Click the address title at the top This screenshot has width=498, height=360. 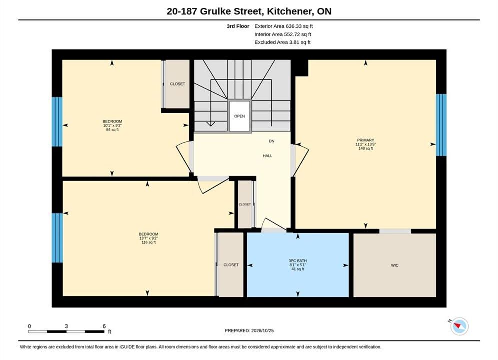click(x=249, y=11)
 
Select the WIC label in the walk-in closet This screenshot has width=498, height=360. click(x=395, y=265)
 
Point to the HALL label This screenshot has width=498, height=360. click(x=267, y=156)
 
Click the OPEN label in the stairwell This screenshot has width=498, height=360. click(x=239, y=116)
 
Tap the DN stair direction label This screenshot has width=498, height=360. click(x=272, y=141)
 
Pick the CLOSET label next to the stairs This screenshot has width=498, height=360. click(x=177, y=84)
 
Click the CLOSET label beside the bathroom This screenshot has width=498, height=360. click(x=231, y=265)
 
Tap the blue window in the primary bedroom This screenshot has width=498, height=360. click(x=441, y=125)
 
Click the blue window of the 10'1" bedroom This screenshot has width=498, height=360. click(x=57, y=122)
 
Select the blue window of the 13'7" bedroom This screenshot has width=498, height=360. click(x=57, y=238)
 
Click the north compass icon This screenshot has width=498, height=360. click(x=459, y=326)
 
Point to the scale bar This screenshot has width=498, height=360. click(x=66, y=332)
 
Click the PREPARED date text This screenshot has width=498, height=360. click(x=249, y=331)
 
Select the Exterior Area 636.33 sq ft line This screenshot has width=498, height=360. click(x=284, y=26)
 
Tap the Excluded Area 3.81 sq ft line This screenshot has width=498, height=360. click(x=282, y=42)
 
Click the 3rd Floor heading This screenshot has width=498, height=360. click(x=238, y=26)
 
